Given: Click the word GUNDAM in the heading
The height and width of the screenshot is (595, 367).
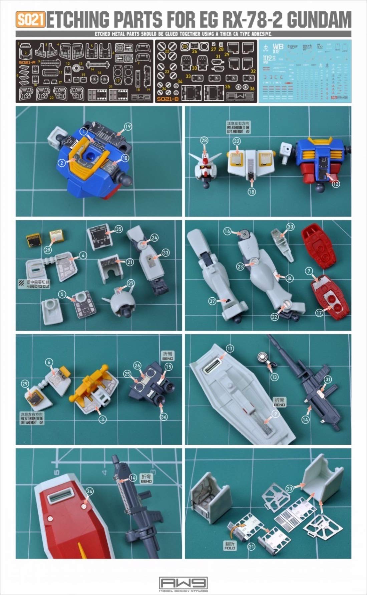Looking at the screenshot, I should coord(319,20).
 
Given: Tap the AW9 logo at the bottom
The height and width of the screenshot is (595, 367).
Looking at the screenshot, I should coord(183,584).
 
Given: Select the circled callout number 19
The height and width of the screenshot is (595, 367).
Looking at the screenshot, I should coord(128,127).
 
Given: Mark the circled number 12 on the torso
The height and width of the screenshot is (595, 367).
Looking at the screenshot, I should coord(336,184).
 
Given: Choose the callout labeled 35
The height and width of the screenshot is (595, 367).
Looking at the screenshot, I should coord(118,229).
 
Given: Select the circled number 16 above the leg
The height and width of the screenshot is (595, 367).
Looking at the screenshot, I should coord(227,231).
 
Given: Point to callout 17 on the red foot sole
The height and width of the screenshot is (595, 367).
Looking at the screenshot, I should coord(319,313).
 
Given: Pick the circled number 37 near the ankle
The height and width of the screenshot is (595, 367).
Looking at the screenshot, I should coord(213,301).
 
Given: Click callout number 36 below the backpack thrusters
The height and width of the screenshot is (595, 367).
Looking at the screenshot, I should coord(163,417).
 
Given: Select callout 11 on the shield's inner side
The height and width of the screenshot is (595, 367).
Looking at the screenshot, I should coord(230,348).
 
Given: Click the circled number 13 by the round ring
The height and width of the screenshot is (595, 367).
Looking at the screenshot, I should coord(274,377).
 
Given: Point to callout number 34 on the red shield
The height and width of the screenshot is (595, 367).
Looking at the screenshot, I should coord(89,491).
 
